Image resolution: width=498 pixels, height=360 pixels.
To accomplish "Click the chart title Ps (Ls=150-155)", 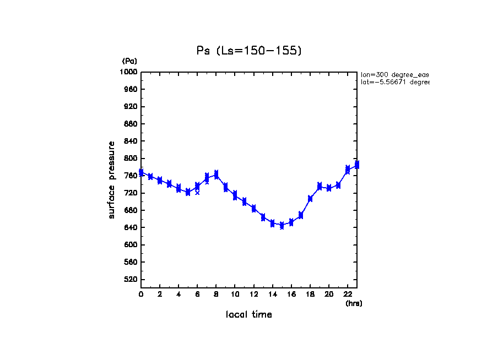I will pyautogui.click(x=249, y=51).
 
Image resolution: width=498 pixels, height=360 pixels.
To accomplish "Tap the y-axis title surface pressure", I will pyautogui.click(x=112, y=179).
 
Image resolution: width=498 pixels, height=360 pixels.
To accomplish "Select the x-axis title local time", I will pyautogui.click(x=248, y=314).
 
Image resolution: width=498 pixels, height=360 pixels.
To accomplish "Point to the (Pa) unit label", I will pyautogui.click(x=129, y=61).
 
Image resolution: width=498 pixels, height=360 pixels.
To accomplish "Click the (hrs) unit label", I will pyautogui.click(x=354, y=303).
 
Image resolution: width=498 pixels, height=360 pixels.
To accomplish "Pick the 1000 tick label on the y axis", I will pyautogui.click(x=129, y=72).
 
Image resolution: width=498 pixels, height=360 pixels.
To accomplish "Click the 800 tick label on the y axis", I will pyautogui.click(x=131, y=159).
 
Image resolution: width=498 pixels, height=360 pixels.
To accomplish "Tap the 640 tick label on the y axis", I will pyautogui.click(x=131, y=227).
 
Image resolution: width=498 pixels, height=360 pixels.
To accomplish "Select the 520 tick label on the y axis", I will pyautogui.click(x=131, y=280).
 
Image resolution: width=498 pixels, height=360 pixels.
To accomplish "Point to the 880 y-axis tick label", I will pyautogui.click(x=131, y=124).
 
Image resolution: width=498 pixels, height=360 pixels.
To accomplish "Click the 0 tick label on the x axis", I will pyautogui.click(x=141, y=294).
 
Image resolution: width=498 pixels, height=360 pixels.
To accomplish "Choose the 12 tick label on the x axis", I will pyautogui.click(x=253, y=294).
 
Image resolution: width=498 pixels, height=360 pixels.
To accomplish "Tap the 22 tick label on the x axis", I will pyautogui.click(x=348, y=294).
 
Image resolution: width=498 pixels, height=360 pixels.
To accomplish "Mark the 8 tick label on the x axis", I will pyautogui.click(x=216, y=294).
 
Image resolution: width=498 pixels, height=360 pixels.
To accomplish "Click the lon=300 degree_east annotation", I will pyautogui.click(x=394, y=74).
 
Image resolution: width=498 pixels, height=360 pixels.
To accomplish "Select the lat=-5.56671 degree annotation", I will pyautogui.click(x=394, y=82).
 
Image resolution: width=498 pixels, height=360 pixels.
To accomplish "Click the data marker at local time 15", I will pyautogui.click(x=282, y=225).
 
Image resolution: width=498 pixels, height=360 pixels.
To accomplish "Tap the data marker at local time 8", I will pyautogui.click(x=216, y=174).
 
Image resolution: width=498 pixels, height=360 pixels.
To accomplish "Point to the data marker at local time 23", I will pyautogui.click(x=357, y=165).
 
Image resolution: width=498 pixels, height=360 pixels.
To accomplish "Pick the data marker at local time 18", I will pyautogui.click(x=310, y=199).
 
